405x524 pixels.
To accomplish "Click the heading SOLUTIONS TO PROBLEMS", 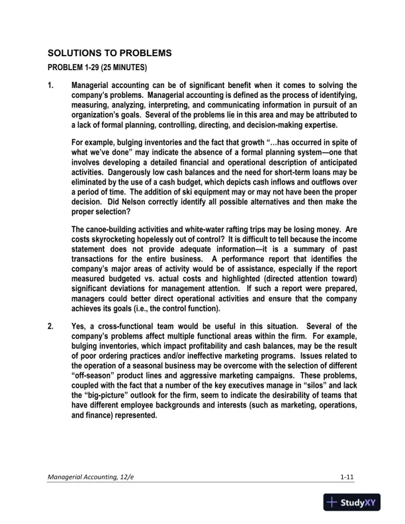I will click(110, 52).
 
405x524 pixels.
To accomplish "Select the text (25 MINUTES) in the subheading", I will click(124, 67).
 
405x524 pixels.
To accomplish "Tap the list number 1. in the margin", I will click(50, 85).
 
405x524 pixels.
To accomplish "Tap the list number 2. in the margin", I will click(50, 326).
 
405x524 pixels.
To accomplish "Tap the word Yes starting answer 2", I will click(79, 326).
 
